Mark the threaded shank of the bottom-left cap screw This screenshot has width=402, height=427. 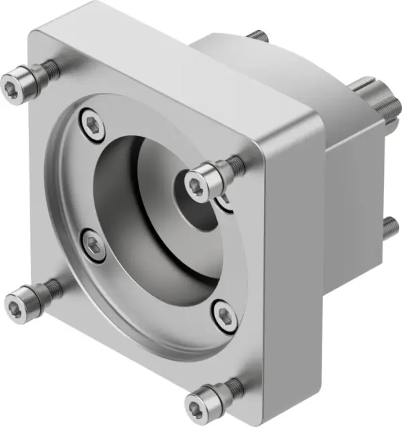coord(50,290)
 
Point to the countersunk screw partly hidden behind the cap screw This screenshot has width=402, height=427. coord(226,201)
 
